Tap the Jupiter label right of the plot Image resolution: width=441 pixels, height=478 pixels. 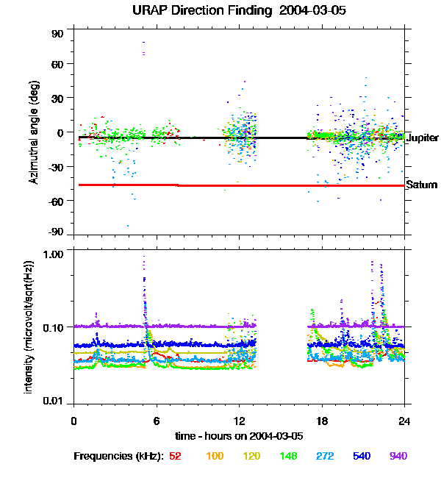pyautogui.click(x=423, y=138)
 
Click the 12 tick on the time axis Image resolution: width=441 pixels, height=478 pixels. pyautogui.click(x=239, y=421)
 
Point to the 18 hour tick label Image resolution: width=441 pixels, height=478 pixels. pyautogui.click(x=322, y=421)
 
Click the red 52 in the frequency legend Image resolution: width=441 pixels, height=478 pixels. pyautogui.click(x=175, y=457)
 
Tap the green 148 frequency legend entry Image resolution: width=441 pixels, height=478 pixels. pyautogui.click(x=289, y=457)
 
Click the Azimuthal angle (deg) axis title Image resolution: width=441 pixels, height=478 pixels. pyautogui.click(x=35, y=133)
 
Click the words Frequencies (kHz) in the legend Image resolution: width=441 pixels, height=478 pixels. pyautogui.click(x=119, y=457)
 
